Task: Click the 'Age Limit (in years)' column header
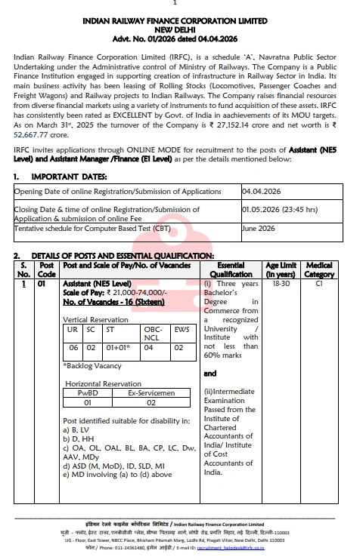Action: [281, 270]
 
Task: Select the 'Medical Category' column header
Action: [319, 270]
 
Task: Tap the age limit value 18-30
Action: [281, 285]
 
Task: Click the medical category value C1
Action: [319, 285]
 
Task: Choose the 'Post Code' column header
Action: [48, 270]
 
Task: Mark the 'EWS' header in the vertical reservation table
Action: [181, 330]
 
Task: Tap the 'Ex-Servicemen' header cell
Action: [151, 392]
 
